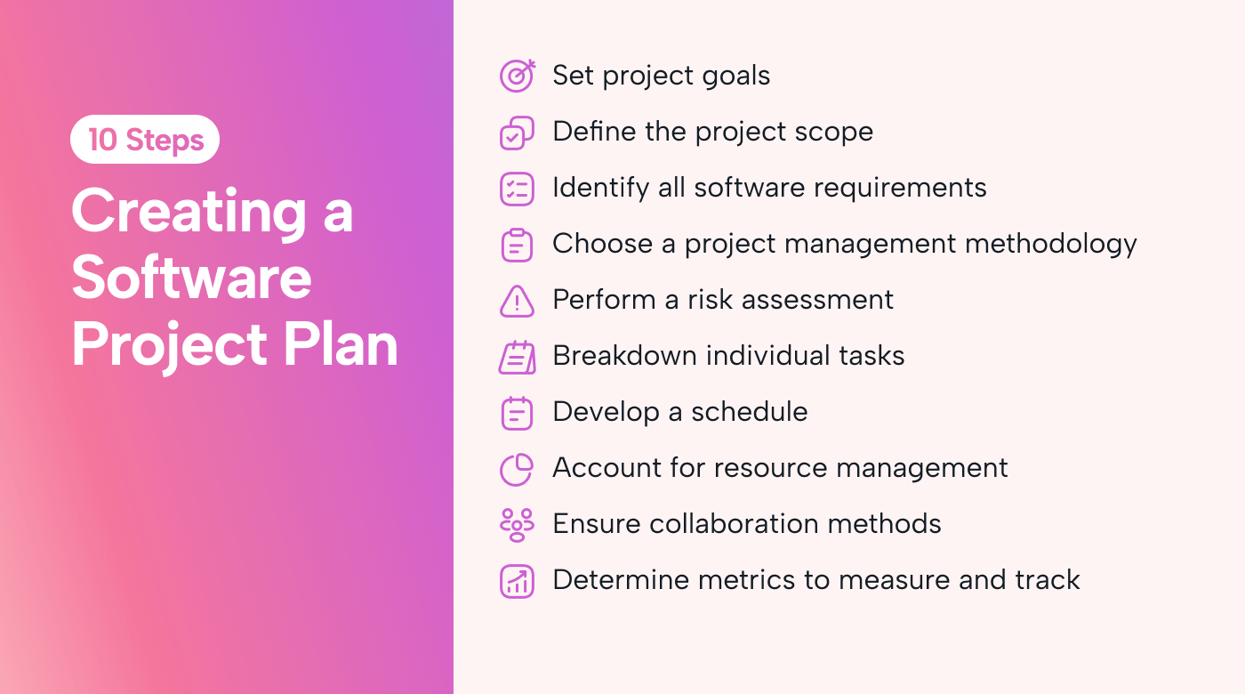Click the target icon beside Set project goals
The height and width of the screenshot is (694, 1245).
click(517, 77)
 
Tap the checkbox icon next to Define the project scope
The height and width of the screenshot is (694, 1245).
click(517, 133)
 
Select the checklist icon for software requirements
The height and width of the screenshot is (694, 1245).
click(517, 189)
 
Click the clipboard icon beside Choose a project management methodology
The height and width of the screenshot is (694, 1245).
click(517, 246)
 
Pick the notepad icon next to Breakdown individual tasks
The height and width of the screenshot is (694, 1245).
click(517, 357)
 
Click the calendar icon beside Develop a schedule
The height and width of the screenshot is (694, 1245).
click(517, 413)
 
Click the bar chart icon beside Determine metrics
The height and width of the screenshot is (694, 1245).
click(517, 582)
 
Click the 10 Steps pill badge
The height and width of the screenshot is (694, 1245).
click(144, 139)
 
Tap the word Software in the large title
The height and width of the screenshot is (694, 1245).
click(192, 277)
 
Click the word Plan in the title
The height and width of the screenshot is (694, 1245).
click(341, 343)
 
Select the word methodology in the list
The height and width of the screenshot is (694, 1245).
click(1050, 244)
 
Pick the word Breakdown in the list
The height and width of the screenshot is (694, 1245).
click(624, 355)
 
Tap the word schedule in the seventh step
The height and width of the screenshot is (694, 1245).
click(749, 411)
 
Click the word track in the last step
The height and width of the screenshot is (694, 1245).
click(1048, 580)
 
